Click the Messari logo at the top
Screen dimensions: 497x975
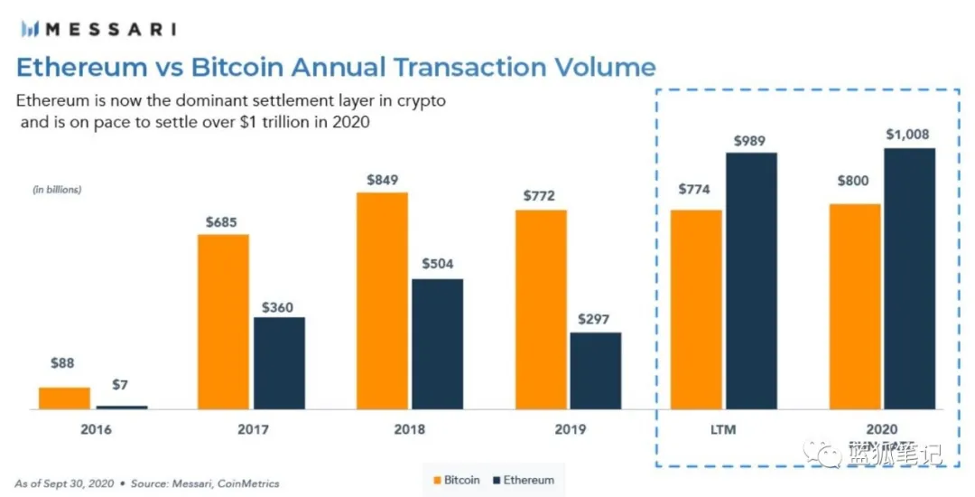click(x=96, y=28)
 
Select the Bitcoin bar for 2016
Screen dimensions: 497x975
click(x=64, y=399)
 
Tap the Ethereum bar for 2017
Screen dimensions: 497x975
click(x=279, y=363)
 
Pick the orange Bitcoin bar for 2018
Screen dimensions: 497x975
click(x=383, y=301)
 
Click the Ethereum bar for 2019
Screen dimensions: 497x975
click(x=596, y=370)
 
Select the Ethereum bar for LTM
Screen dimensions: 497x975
click(x=751, y=281)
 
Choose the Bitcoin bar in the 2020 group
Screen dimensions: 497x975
click(x=855, y=306)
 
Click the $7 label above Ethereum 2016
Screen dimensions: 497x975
click(x=121, y=386)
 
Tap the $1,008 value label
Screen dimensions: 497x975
click(x=908, y=135)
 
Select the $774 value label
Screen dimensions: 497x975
click(x=696, y=190)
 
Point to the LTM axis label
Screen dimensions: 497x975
click(x=724, y=429)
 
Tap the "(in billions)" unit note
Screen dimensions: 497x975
click(x=57, y=190)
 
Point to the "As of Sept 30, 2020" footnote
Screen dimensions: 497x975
click(x=64, y=483)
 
